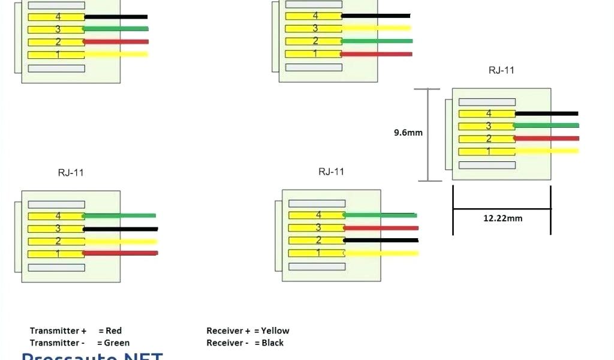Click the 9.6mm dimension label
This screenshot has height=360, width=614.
[x=408, y=133]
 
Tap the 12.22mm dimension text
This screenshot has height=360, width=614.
[x=502, y=218]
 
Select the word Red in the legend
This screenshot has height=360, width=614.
[x=113, y=331]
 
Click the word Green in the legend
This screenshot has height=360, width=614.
[x=116, y=343]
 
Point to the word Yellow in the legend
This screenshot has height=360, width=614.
[x=275, y=331]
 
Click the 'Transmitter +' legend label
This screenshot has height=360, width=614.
[x=58, y=331]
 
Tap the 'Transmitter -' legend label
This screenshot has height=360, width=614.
[x=57, y=343]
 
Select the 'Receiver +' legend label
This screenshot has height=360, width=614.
[x=228, y=331]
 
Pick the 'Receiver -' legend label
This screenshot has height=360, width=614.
[x=228, y=343]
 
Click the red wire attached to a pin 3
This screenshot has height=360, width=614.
[x=381, y=228]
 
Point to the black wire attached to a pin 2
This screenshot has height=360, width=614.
[x=381, y=241]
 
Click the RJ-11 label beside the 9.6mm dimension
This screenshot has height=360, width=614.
[x=501, y=70]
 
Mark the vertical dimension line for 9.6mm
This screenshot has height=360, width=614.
[x=428, y=135]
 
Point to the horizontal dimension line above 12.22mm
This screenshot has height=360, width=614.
[x=501, y=209]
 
